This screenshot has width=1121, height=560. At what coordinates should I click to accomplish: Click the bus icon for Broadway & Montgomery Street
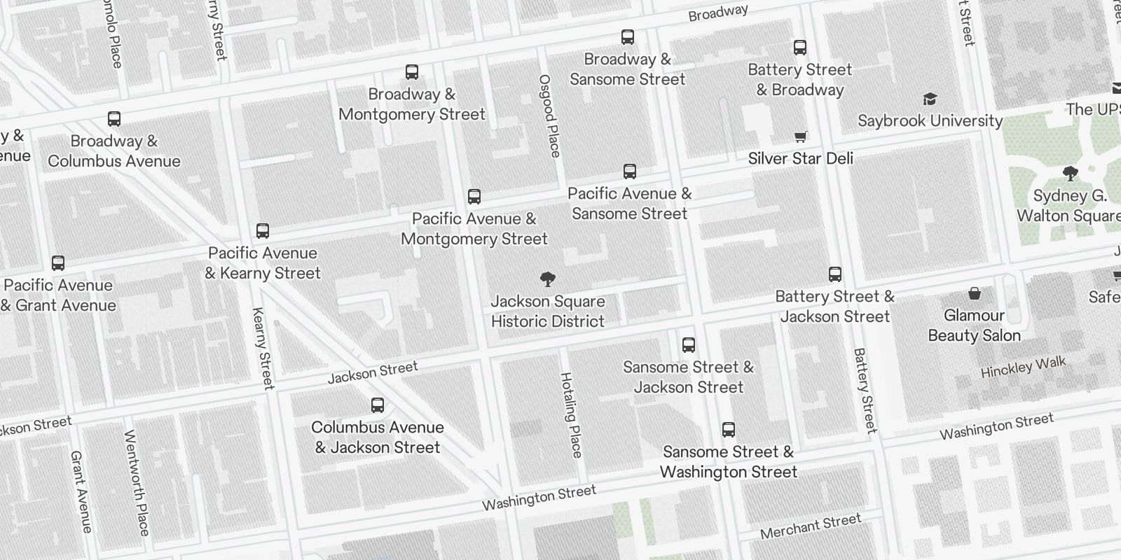coord(412,71)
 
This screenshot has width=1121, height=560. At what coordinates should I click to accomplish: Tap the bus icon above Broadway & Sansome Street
coord(628,37)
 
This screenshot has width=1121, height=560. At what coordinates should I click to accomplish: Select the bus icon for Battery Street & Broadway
coord(800,48)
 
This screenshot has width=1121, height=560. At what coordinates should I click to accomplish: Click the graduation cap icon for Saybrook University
coord(930,99)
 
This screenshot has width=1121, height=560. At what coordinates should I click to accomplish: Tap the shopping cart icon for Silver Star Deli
coord(801,136)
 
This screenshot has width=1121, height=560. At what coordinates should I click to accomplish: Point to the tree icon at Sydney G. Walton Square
coord(1070,173)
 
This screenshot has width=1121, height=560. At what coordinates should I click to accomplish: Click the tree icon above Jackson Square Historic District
coord(548,280)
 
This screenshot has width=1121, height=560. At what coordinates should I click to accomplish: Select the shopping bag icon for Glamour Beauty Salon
coord(974,293)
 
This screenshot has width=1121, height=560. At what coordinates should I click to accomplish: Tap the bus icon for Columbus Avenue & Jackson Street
coord(378,405)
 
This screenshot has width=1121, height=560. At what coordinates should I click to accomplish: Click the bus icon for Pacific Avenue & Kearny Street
coord(263,231)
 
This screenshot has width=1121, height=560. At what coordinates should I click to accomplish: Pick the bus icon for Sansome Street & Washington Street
coord(729,430)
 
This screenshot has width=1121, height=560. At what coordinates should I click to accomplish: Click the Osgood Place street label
coord(549,115)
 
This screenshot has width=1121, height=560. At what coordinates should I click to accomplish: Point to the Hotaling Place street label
coord(572,415)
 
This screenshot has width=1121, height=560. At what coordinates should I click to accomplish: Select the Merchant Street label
coord(811,526)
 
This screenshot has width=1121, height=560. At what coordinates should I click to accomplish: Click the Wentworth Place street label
coord(137,483)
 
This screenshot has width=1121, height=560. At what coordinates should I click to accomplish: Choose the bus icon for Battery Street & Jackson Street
coord(835,274)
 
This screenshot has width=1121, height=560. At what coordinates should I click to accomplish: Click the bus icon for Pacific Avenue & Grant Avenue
coord(58,263)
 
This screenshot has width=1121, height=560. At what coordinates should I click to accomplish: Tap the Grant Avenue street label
coord(81,491)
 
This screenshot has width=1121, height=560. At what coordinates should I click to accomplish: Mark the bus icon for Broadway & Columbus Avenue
coord(114,119)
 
